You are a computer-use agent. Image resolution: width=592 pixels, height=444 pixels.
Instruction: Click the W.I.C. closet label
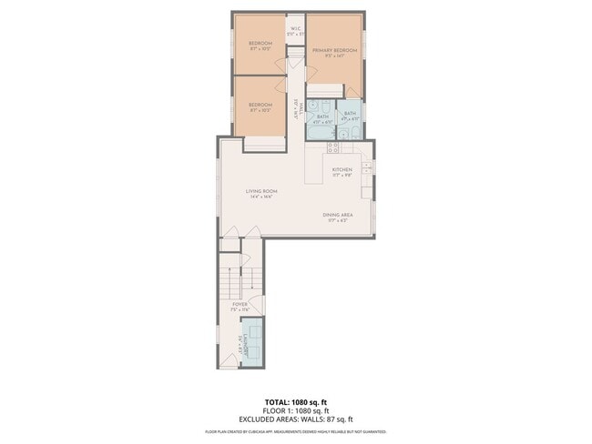pos(296,29)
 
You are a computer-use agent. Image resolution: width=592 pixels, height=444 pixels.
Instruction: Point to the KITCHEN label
pos(342,169)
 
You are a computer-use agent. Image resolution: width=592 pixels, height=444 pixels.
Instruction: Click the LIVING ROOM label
pos(260,190)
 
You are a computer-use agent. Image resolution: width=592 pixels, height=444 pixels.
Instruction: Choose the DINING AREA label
pos(337,215)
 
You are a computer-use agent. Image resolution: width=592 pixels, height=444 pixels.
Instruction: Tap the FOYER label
pos(240,304)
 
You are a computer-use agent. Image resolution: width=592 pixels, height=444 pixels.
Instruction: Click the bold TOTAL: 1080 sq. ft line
pos(295,400)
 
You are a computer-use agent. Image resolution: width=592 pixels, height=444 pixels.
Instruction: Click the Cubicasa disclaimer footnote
pos(295,432)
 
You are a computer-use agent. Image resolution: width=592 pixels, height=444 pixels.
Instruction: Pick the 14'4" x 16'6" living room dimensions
pos(260,197)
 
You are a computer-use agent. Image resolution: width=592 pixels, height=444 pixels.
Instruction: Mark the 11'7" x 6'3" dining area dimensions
pos(337,221)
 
